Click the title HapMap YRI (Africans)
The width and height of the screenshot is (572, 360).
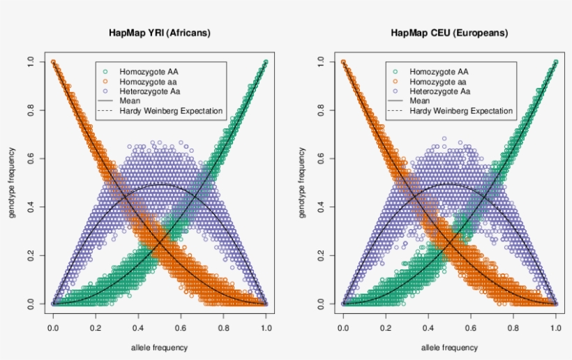click(159, 33)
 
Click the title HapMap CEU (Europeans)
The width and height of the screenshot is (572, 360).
click(449, 33)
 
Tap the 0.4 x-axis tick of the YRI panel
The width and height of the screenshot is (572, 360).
click(138, 325)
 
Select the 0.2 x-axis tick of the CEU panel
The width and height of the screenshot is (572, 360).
click(385, 325)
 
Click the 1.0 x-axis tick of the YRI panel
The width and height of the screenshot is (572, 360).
click(266, 325)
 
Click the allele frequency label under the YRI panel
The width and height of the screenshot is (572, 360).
click(159, 347)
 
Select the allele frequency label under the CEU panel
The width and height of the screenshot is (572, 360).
click(449, 347)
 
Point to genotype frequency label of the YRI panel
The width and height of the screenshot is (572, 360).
click(13, 183)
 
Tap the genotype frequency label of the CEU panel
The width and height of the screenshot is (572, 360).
click(303, 183)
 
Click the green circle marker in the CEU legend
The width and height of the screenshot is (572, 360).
click(396, 71)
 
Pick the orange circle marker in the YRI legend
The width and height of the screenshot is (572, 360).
click(105, 81)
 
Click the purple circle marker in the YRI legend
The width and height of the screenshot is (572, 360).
click(105, 91)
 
